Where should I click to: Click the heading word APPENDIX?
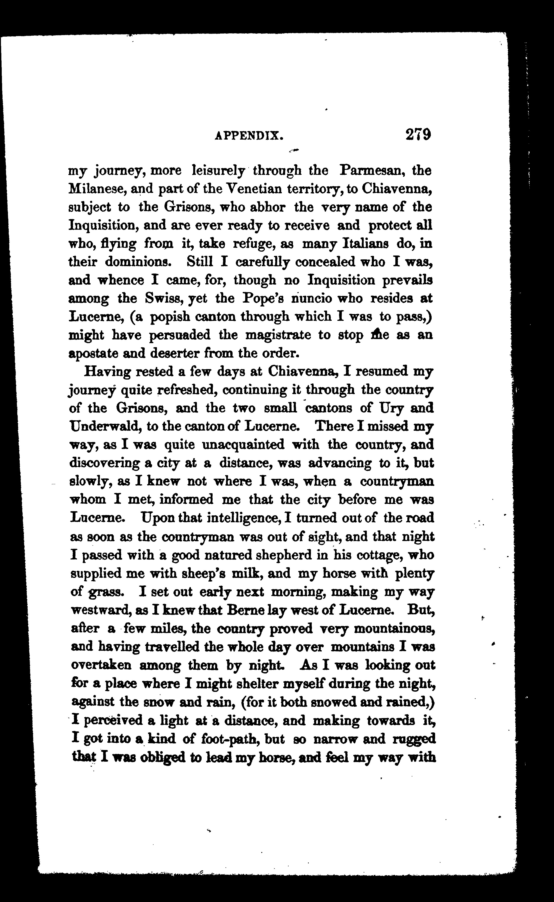(249, 136)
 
